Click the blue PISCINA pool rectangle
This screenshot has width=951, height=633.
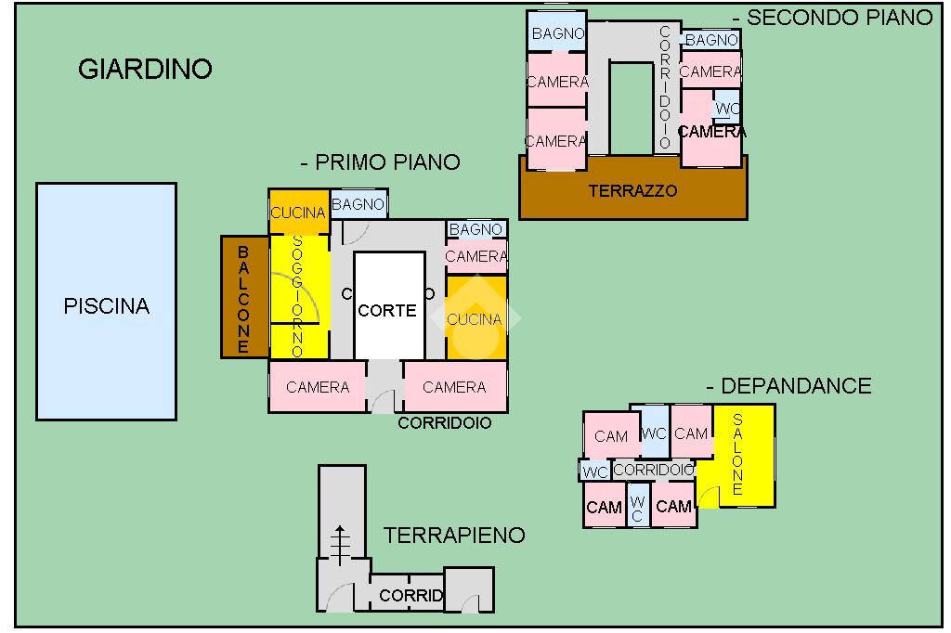(x=106, y=302)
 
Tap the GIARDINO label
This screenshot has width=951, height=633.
(x=145, y=70)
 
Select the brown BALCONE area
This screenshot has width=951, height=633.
(x=243, y=297)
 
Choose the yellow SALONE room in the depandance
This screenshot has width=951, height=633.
(x=738, y=455)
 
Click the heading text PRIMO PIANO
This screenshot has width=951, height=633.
(x=381, y=162)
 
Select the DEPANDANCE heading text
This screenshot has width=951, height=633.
(x=788, y=386)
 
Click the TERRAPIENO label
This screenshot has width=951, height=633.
(x=454, y=536)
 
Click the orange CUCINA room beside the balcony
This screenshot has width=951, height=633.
(x=297, y=213)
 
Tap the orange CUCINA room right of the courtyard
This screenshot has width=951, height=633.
(x=475, y=318)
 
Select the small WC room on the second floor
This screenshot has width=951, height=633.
(x=726, y=109)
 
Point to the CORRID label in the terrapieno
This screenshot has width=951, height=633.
(x=410, y=596)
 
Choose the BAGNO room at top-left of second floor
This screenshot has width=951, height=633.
(x=557, y=33)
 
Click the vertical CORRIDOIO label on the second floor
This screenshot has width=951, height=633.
(x=665, y=88)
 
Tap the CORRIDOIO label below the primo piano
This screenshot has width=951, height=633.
(x=445, y=423)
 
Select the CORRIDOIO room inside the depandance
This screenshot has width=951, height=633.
(x=654, y=470)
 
